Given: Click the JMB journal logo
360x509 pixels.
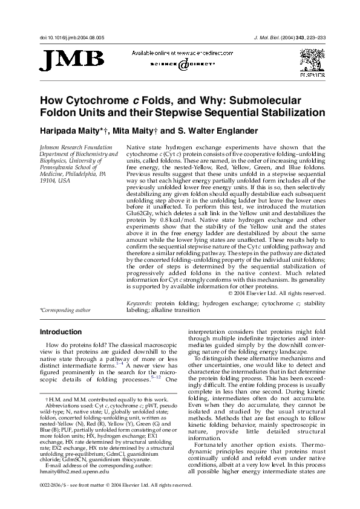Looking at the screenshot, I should tap(71, 60).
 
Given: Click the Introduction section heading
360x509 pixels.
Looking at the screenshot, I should tap(61, 332).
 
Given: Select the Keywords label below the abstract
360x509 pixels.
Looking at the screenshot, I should tap(139, 302).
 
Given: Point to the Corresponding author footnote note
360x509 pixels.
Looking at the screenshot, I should tap(65, 310).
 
